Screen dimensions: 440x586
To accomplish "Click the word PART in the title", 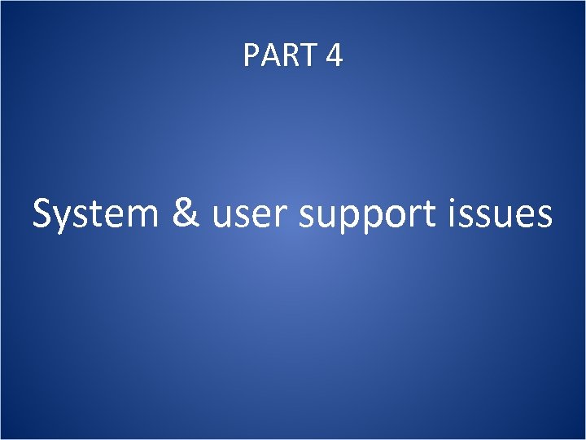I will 280,55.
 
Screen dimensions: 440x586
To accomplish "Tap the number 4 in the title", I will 334,55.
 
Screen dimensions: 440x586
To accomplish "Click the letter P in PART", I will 251,55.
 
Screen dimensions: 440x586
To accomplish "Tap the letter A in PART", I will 269,55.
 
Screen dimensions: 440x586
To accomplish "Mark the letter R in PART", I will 289,55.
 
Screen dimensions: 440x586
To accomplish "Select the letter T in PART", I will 308,55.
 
